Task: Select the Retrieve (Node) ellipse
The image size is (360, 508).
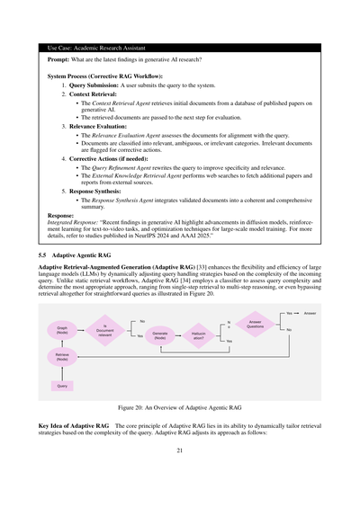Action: point(62,358)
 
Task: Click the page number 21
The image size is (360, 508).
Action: point(180,475)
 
